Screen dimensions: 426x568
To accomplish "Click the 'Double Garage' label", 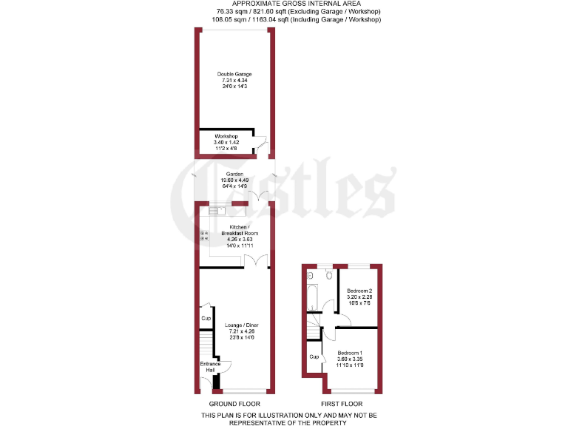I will (x=234, y=74).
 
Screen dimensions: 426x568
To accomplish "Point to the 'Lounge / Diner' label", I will (x=241, y=325).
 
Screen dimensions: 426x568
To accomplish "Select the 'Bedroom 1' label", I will (x=351, y=352).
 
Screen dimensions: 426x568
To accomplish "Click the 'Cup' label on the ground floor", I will (x=206, y=319).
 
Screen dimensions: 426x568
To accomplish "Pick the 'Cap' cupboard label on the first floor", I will (x=314, y=357).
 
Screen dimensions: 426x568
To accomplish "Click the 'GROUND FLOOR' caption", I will (x=234, y=404).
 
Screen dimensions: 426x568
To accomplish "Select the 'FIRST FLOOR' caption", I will (x=341, y=404).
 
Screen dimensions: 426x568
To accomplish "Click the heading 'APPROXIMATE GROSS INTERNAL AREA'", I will (x=283, y=4).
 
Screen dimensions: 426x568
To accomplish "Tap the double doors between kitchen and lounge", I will (x=255, y=261).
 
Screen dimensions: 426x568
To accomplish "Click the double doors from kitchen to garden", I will (x=258, y=196).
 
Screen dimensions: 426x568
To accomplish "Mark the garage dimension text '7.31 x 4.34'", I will (x=234, y=81).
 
